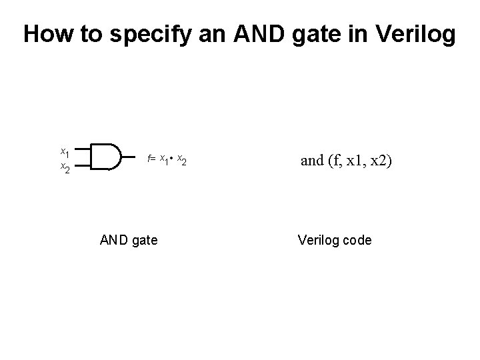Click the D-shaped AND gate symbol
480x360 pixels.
(x=105, y=157)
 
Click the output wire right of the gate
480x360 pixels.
(x=132, y=157)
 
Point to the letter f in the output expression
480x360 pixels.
(x=149, y=158)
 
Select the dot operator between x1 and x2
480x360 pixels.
(x=172, y=158)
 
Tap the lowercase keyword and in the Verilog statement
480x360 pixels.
(x=311, y=159)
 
